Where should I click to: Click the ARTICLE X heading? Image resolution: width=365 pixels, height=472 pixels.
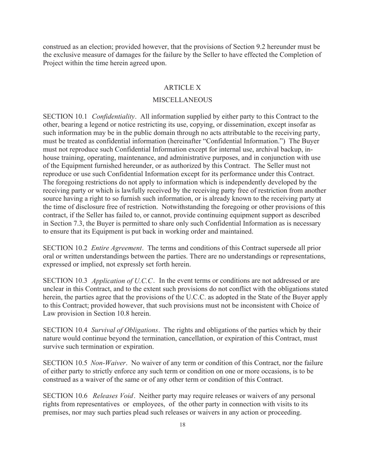click(182, 87)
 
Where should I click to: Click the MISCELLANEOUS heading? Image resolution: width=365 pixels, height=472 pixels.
click(182, 100)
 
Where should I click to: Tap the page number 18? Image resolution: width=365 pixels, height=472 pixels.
click(182, 425)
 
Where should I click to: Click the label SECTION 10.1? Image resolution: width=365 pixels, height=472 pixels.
click(65, 116)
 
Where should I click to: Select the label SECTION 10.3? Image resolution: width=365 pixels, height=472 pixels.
click(65, 281)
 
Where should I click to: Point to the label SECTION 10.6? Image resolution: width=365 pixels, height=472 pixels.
click(65, 396)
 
